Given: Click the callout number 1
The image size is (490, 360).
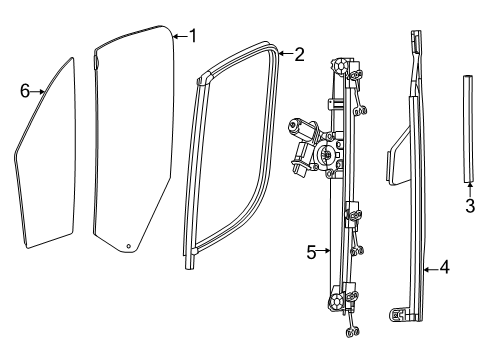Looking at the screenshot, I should pos(193,37).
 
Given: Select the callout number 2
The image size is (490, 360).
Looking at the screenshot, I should pos(299,54).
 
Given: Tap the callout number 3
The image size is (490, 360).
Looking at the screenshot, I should pos(469,207).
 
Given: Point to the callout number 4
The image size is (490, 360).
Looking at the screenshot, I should pos(442,268).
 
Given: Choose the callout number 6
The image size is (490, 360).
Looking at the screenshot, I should pos(25,91).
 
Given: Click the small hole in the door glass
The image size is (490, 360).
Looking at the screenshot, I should pos(128,246).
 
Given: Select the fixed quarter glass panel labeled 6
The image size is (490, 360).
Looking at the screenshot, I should pos(46,160).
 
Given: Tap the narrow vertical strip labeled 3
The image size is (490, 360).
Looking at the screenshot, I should pos(468,130).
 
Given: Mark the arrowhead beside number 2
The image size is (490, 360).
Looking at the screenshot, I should pos(280,54).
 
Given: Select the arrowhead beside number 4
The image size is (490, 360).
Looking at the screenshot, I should pos(424,268).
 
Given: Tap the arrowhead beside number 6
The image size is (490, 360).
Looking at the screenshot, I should pos(44,91).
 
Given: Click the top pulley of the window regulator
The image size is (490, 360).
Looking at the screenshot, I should pos(342,67).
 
